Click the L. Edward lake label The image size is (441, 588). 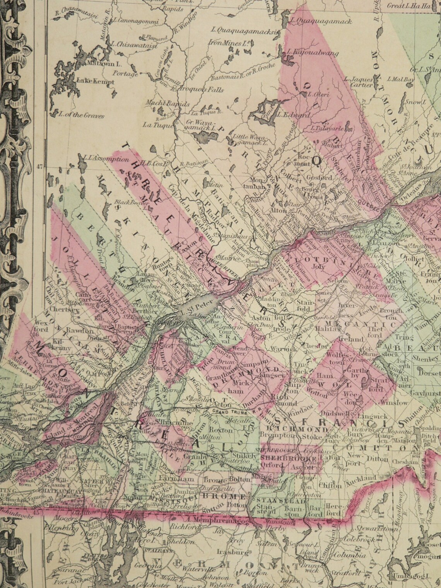click(x=297, y=115)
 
